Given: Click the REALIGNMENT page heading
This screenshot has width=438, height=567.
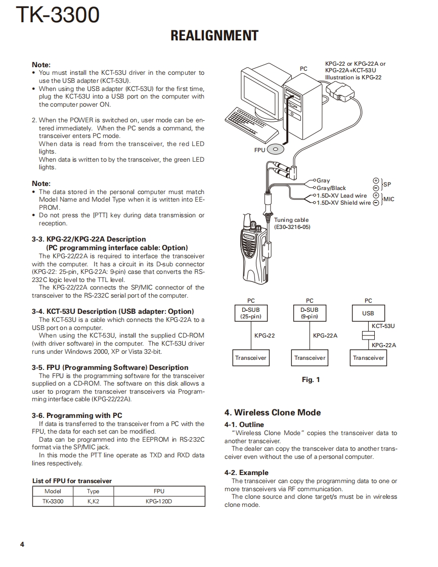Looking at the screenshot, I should coord(214,36).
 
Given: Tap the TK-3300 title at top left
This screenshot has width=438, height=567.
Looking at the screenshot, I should coord(58,15).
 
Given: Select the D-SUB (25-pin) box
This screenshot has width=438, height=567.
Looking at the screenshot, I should coord(251,313).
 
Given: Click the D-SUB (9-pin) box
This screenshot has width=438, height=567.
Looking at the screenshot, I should coord(310,313).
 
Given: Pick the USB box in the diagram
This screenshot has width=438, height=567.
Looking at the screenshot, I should coord(368,313).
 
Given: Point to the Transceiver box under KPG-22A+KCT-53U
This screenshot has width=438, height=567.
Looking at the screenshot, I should coord(368,358).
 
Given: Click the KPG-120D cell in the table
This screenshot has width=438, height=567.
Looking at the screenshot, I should coord(159,502).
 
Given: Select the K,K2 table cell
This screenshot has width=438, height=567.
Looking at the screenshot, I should coord(93,502).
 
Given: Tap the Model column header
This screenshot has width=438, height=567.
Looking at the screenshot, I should coord(53,491).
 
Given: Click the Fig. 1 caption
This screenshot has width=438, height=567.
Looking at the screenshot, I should coord(311,380).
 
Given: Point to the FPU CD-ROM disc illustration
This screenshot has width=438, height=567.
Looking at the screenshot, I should coord(275,149).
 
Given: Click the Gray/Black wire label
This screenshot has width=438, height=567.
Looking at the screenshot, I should coord(331,188).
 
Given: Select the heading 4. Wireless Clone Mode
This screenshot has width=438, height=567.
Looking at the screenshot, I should coord(273,412).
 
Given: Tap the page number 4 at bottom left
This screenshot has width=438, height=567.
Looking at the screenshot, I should coord(22,544).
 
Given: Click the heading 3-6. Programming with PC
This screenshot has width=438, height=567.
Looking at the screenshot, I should coord(77,415).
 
